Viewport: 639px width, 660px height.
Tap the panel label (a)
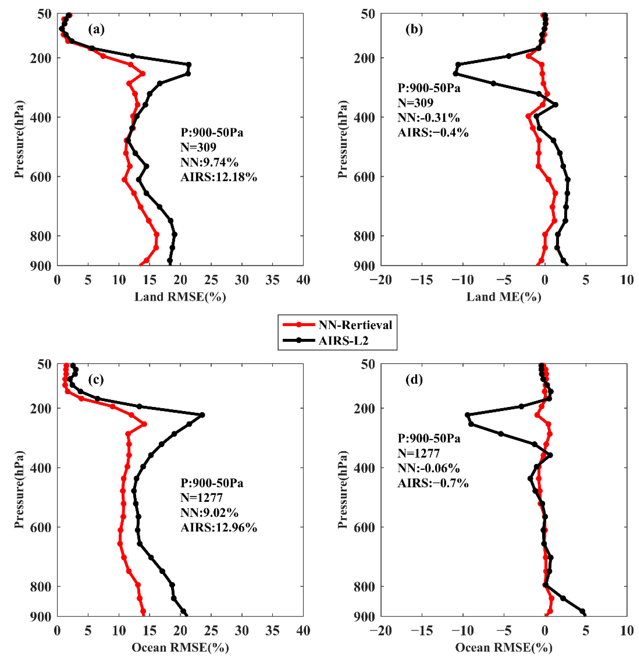click(96, 30)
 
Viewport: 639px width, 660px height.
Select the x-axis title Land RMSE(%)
click(180, 297)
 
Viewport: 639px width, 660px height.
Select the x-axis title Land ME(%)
click(504, 297)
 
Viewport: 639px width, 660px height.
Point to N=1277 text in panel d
click(418, 453)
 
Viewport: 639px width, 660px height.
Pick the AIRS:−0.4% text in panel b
click(433, 132)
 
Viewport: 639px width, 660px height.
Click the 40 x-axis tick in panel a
click(303, 280)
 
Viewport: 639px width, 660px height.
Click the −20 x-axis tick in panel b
click(381, 280)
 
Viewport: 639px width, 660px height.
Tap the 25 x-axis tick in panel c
click(211, 630)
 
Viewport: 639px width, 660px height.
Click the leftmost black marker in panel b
click(455, 73)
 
